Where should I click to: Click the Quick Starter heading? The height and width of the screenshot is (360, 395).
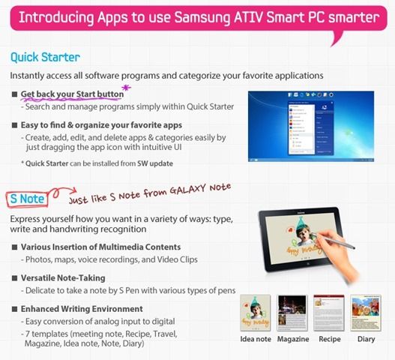pos(45,58)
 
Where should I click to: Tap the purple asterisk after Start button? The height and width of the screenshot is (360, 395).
pos(126,88)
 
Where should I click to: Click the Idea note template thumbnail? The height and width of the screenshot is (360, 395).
pos(255,313)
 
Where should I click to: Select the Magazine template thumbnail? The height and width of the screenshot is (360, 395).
pos(292,313)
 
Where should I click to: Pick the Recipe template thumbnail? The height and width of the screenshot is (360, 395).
pos(329,313)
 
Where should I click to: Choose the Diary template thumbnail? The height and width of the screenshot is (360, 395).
pos(366,313)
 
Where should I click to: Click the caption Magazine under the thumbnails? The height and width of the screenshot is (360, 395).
pos(293,339)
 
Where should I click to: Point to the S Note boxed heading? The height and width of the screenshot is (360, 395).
pos(28,199)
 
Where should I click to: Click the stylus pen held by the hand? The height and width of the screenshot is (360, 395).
pos(334,241)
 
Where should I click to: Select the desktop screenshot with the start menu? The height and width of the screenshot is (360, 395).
pos(311,126)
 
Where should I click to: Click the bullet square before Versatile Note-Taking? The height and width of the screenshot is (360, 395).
pos(14,278)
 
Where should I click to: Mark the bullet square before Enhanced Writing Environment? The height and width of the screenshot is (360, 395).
pos(14,309)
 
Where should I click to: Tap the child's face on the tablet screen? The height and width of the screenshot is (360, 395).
pos(304,235)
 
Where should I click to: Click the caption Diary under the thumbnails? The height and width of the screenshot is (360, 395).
pos(366,339)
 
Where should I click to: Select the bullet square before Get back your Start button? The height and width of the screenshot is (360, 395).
pos(14,94)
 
